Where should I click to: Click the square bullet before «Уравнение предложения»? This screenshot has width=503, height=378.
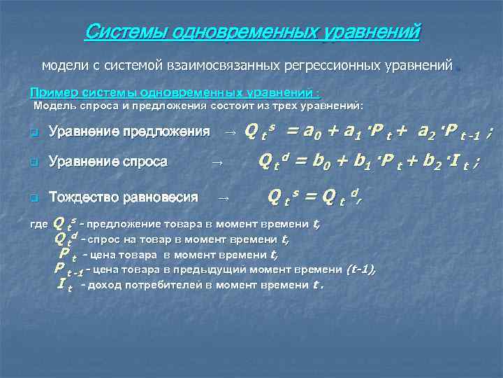pyautogui.click(x=33, y=132)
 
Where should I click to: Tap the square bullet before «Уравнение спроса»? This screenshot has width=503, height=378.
pyautogui.click(x=33, y=162)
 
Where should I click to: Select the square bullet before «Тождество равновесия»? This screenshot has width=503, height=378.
pyautogui.click(x=33, y=198)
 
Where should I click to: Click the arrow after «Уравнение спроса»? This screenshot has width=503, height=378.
pyautogui.click(x=217, y=162)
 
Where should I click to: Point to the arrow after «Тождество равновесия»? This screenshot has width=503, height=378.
pyautogui.click(x=224, y=198)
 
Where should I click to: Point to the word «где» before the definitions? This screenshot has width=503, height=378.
pyautogui.click(x=41, y=225)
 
